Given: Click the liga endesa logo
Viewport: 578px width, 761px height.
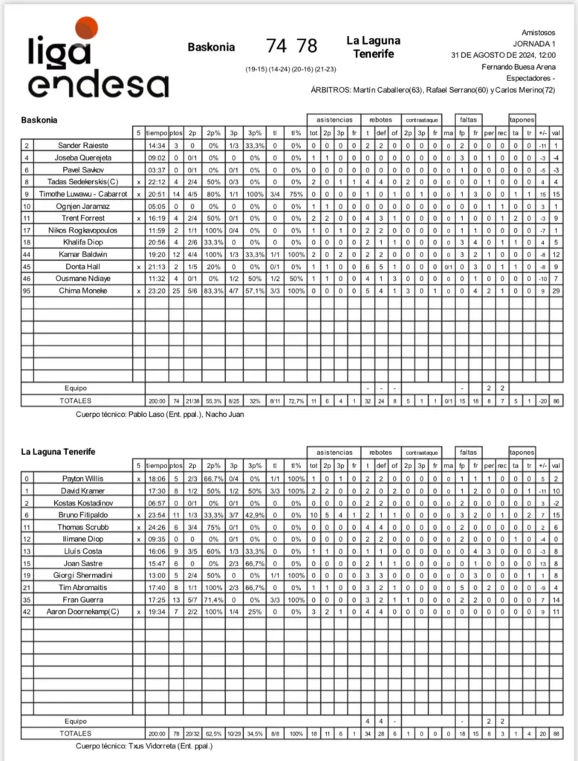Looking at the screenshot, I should (x=97, y=60).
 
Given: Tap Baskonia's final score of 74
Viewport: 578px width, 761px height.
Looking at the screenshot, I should (x=276, y=46).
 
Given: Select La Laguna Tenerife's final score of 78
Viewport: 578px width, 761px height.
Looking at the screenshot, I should (x=307, y=46).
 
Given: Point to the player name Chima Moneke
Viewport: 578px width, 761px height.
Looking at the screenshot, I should (x=82, y=291).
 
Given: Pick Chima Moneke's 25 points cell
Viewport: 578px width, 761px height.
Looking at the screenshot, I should (x=176, y=291).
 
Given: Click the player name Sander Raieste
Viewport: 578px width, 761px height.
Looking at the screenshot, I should (x=82, y=146).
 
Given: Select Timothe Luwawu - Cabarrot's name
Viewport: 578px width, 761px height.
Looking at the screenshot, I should (x=82, y=194).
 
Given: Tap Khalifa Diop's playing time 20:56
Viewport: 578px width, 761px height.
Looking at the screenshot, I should (x=156, y=242).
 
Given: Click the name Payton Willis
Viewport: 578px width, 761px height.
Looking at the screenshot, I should (x=82, y=479).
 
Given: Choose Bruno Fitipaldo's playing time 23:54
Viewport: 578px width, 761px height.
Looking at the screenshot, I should (x=156, y=515).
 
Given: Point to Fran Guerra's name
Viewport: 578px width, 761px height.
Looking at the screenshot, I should (x=82, y=599).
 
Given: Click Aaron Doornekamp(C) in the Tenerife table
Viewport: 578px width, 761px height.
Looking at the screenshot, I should (x=82, y=611).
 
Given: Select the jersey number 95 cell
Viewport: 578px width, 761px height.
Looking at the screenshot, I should (x=27, y=291).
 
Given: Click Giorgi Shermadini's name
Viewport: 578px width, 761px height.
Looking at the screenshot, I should (x=82, y=575).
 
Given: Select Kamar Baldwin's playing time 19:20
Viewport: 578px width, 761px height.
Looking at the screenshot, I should (x=156, y=254).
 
